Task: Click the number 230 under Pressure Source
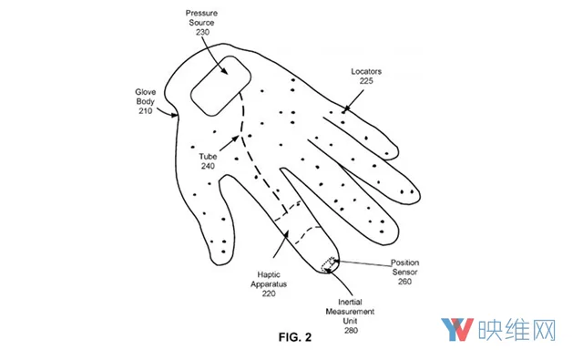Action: (x=202, y=33)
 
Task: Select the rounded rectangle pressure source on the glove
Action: (x=220, y=86)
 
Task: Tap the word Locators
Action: (x=366, y=71)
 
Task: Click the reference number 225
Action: (x=366, y=81)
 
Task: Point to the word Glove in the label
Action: (x=146, y=92)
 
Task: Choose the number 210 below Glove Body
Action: (x=146, y=111)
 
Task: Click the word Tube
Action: (x=208, y=157)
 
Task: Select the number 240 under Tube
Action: (x=208, y=166)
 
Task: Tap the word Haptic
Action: (x=269, y=275)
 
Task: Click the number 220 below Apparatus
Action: (x=269, y=293)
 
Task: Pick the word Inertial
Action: (x=350, y=302)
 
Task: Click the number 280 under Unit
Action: (x=351, y=331)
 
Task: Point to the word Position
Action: (x=404, y=262)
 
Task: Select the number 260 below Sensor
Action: (x=404, y=282)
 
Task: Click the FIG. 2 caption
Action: (x=295, y=337)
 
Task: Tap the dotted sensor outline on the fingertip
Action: (x=329, y=264)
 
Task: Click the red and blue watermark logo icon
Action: (x=457, y=330)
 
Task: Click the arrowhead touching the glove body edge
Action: (x=174, y=115)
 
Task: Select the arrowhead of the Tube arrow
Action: (x=235, y=139)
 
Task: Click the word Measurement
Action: (x=350, y=312)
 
